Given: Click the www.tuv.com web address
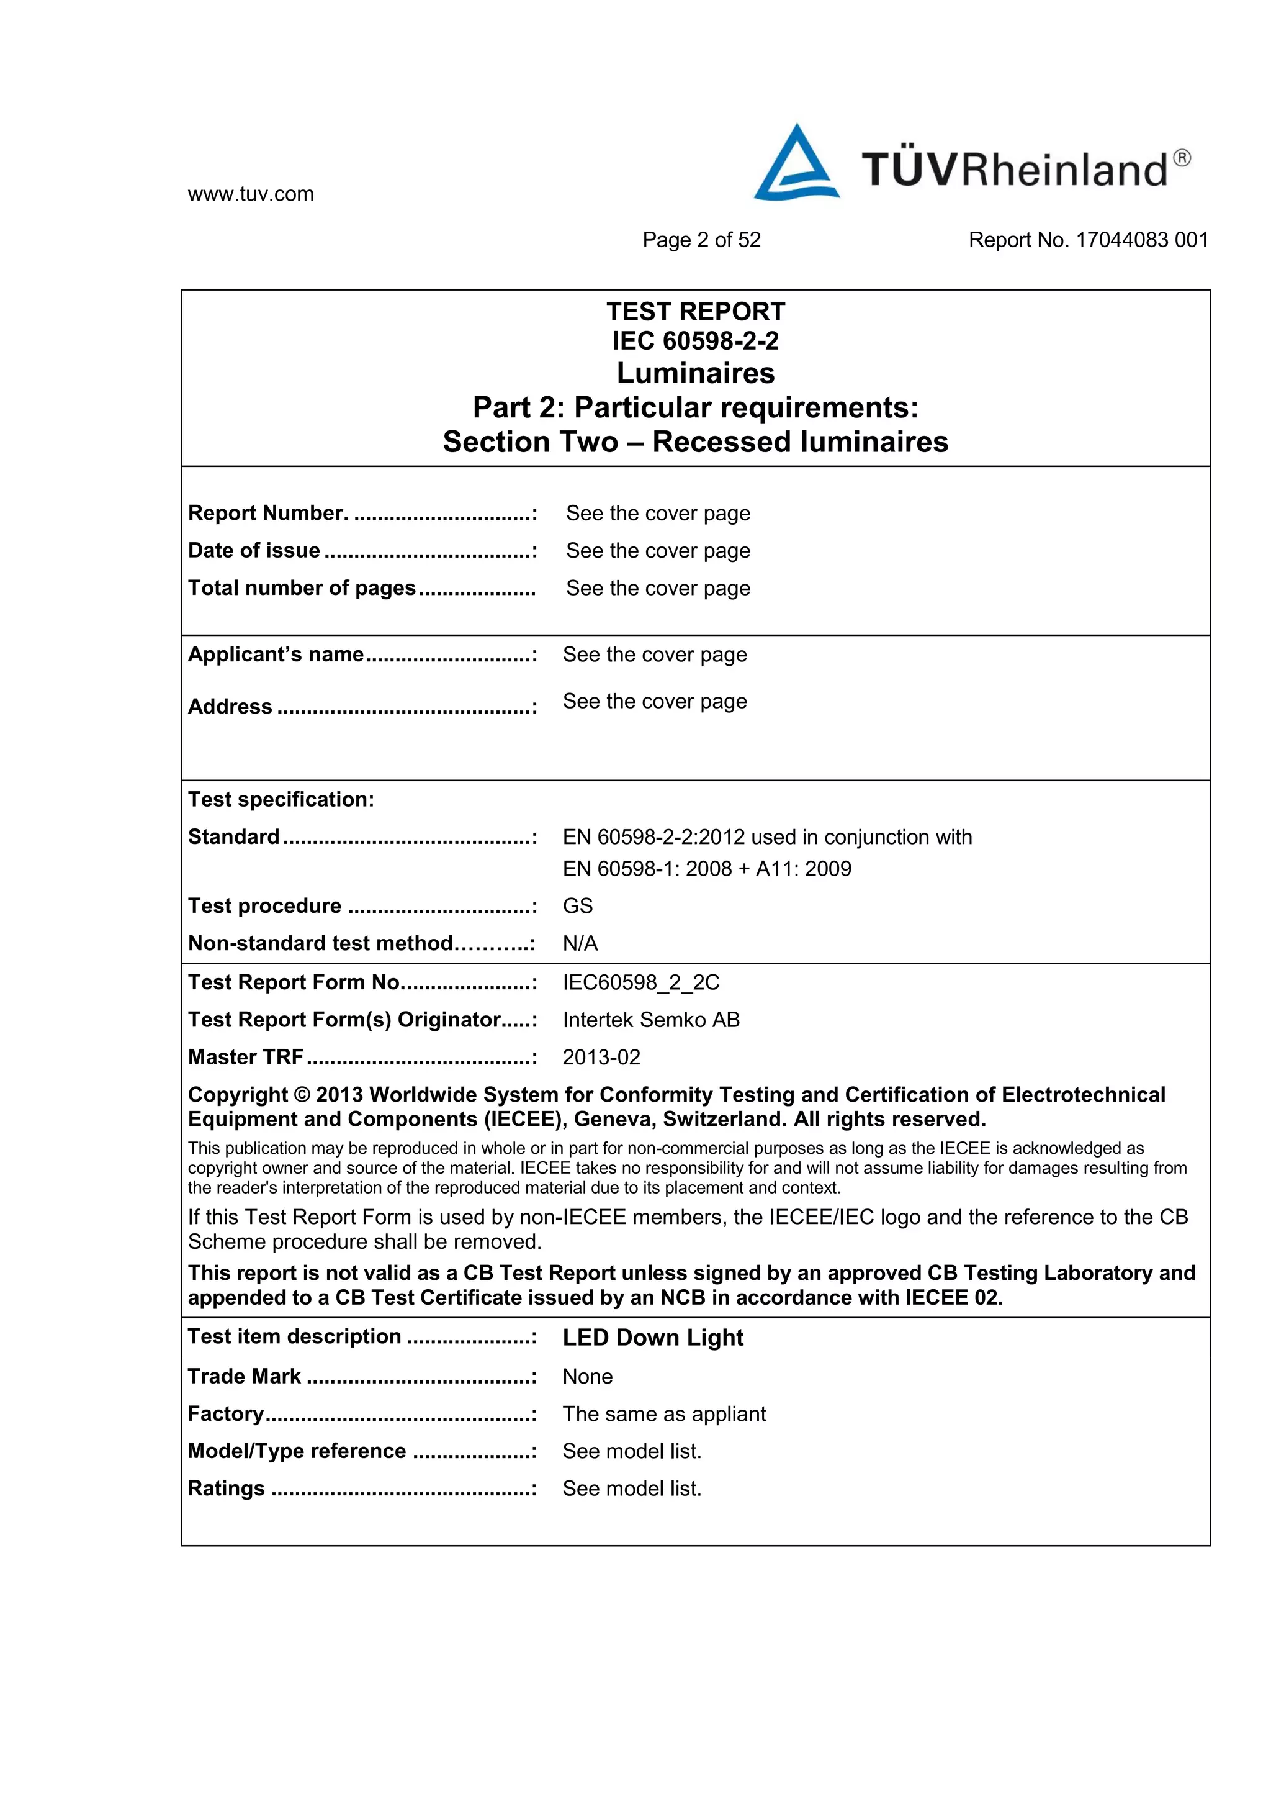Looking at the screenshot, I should [x=251, y=194].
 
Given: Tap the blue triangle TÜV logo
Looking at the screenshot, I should [x=796, y=165].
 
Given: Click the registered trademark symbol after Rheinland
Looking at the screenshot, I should [x=1182, y=158].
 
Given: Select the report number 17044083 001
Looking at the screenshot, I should [x=1142, y=240].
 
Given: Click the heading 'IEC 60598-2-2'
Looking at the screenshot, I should [x=696, y=341].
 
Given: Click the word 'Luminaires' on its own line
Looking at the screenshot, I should [x=696, y=373].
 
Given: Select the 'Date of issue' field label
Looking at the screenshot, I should [x=254, y=551].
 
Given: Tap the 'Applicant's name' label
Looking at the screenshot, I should [x=276, y=655].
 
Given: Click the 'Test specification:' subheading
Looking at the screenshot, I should [x=281, y=799].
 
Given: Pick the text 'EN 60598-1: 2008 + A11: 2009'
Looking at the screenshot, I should [x=706, y=868].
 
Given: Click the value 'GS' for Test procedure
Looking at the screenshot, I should [x=578, y=906].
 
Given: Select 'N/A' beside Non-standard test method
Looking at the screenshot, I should [x=580, y=943].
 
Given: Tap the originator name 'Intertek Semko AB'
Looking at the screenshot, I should [x=651, y=1020].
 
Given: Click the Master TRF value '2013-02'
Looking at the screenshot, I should [x=601, y=1058].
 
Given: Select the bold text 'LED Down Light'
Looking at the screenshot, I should [x=652, y=1338].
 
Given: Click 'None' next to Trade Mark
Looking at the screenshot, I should [x=587, y=1377].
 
